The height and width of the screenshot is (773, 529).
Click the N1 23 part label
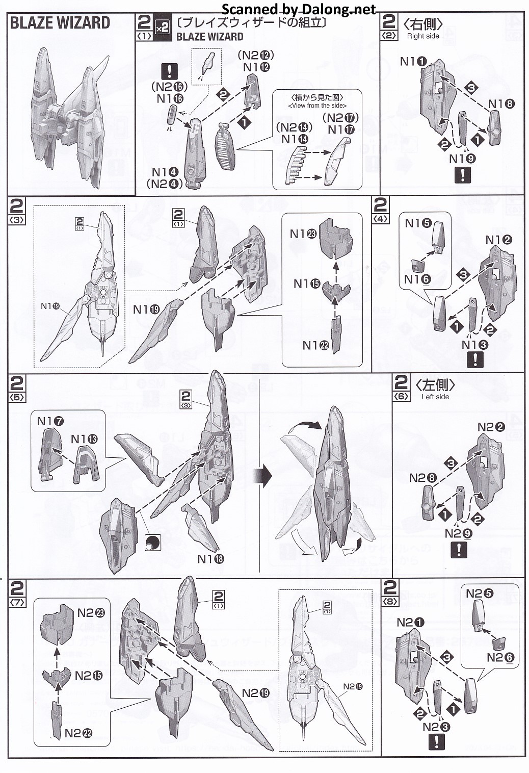click(x=303, y=234)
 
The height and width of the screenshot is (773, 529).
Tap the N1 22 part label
click(x=316, y=345)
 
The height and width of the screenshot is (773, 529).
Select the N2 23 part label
click(x=91, y=613)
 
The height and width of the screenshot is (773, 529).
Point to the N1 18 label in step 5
click(x=210, y=559)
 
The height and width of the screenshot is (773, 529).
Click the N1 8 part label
click(x=501, y=104)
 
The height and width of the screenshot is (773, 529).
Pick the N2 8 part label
click(x=423, y=478)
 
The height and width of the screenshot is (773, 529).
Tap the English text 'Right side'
click(x=423, y=36)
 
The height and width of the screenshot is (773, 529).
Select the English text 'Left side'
click(x=435, y=397)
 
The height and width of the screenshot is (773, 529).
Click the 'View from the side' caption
click(x=317, y=106)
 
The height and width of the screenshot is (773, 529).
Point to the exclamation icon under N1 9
click(x=462, y=175)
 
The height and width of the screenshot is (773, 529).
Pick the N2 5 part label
click(x=480, y=594)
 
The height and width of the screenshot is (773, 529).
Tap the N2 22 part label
click(x=78, y=733)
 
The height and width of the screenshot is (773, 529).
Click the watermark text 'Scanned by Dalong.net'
click(x=299, y=9)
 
